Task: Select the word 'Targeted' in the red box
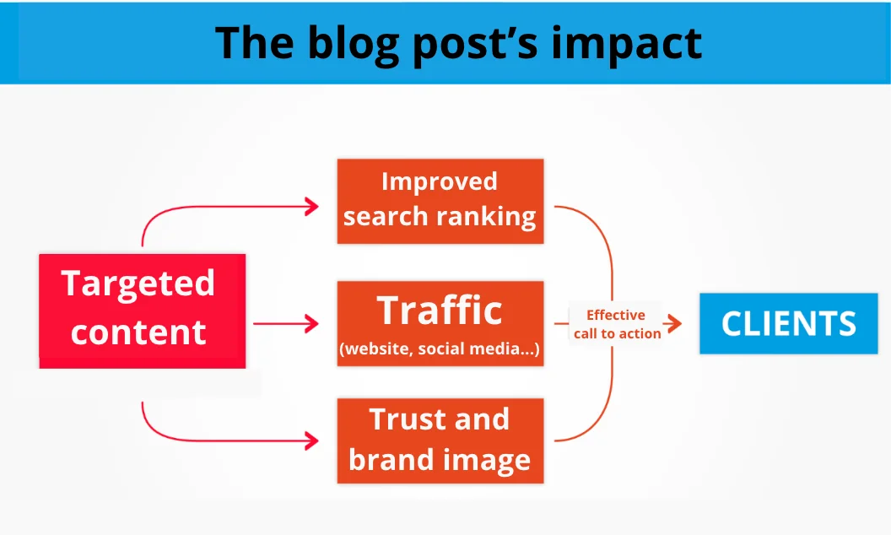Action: (x=138, y=284)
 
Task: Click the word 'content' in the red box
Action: (x=138, y=332)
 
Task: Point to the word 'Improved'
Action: (x=439, y=181)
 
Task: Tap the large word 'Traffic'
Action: (x=440, y=310)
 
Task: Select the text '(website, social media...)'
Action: (x=440, y=349)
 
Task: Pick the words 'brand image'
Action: (x=440, y=460)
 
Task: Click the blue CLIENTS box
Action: (x=789, y=323)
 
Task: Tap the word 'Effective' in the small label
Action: (x=616, y=315)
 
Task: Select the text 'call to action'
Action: (x=618, y=333)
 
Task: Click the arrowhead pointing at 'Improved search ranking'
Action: (x=312, y=206)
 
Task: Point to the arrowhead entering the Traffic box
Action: (x=312, y=323)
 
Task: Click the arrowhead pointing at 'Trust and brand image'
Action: (x=312, y=440)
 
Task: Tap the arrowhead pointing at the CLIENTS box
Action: (x=674, y=324)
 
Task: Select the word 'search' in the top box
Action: (x=385, y=218)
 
